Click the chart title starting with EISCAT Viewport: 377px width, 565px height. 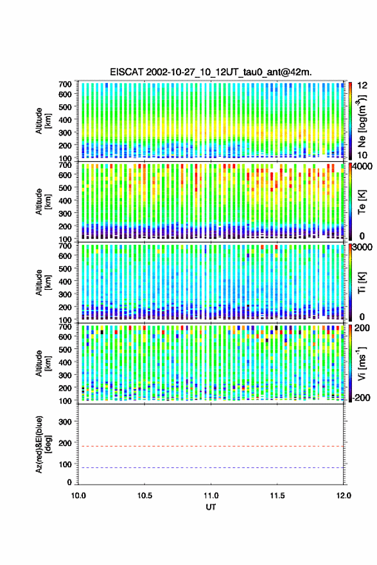point(211,72)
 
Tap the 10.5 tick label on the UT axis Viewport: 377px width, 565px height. point(145,496)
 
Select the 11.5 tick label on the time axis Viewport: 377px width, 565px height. point(277,496)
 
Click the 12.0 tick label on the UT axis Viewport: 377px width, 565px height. point(344,496)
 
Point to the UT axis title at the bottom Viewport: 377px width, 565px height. point(211,507)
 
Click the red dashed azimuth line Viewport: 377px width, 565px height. point(211,447)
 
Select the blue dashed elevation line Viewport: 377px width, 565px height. point(211,468)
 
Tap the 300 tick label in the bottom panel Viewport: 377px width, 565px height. point(65,422)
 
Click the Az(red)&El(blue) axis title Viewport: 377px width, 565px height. point(43,444)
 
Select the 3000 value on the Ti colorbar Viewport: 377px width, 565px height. point(362,247)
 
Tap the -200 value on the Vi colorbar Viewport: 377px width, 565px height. point(361,398)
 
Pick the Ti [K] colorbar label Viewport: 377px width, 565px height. point(362,283)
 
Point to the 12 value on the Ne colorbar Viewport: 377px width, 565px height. point(362,85)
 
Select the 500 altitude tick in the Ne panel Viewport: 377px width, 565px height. point(65,107)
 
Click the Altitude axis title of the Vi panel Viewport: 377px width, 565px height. point(43,363)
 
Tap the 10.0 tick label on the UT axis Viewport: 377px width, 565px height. point(78,496)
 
